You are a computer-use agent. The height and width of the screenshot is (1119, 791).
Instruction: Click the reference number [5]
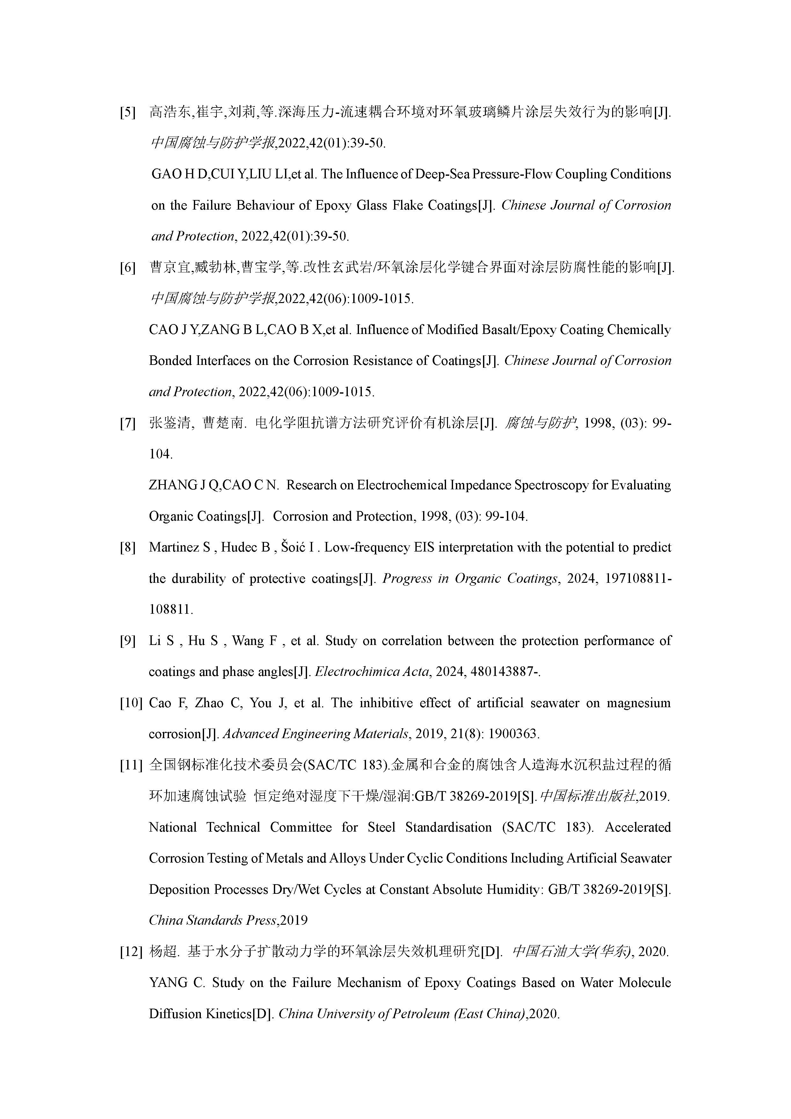point(128,113)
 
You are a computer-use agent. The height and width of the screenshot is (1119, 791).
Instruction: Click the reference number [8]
point(128,548)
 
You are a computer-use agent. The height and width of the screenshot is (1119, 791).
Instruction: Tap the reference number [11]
point(130,766)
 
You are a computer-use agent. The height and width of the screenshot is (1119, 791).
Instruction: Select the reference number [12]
point(130,952)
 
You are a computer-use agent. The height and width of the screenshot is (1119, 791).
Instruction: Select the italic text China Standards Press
point(213,921)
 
